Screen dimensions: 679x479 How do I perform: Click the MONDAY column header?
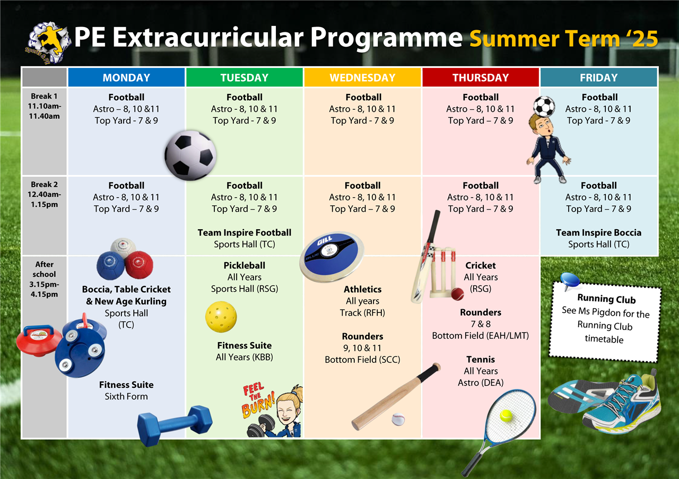pos(126,77)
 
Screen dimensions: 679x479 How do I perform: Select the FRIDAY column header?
pos(599,77)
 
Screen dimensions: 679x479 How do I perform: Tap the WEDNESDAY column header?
pos(362,77)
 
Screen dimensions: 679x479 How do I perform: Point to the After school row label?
pos(44,279)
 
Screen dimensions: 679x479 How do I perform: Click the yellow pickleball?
pos(221,317)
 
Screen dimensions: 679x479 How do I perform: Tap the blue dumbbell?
pos(175,425)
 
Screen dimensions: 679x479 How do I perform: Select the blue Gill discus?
pos(332,257)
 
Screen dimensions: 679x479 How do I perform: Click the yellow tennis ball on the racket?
pos(506,416)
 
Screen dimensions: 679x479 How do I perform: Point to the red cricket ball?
pos(457,294)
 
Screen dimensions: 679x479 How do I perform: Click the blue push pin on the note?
pos(569,281)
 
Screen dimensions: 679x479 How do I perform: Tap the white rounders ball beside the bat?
pos(398,419)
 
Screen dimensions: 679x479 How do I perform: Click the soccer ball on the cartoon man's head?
pos(544,107)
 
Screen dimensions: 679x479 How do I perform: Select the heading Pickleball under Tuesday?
pos(245,266)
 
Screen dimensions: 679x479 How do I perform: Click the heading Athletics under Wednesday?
pos(362,289)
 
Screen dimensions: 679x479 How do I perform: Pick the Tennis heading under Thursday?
pos(481,359)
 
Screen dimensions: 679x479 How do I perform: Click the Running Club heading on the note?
pos(606,299)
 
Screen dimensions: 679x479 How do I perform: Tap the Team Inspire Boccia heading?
pos(599,232)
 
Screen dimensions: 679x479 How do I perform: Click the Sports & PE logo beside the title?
pos(48,43)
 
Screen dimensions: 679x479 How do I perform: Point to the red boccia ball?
pos(140,265)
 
